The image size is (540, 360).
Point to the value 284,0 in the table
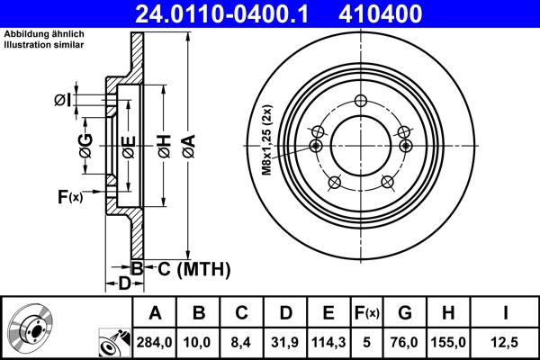155,342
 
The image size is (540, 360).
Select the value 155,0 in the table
449,342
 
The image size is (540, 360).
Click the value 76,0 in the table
405,342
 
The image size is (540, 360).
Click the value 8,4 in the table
241,342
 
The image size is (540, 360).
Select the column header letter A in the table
155,313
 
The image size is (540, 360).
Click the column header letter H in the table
449,313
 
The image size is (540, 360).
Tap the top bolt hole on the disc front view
360,101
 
